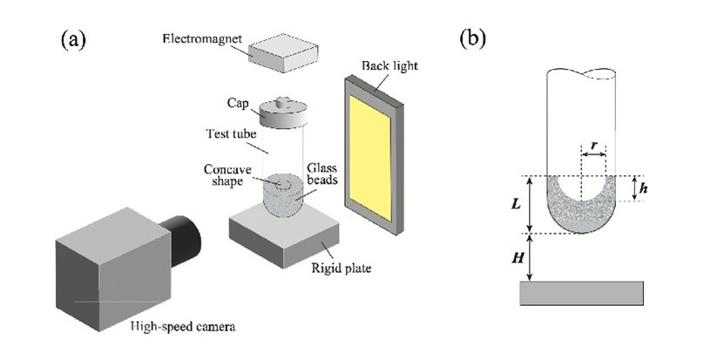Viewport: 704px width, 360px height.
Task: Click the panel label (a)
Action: [73, 40]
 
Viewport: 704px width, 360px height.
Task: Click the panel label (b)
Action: [472, 40]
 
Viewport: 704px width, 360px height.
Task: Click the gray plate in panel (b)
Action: [581, 293]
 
